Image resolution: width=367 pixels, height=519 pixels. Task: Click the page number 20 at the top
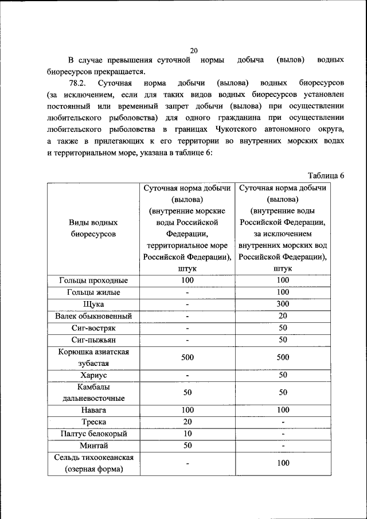[x=194, y=50]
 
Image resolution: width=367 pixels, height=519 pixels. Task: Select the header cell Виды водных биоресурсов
[x=93, y=228]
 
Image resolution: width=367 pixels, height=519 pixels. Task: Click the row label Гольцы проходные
[x=93, y=281]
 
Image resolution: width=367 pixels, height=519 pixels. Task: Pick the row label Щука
[x=93, y=305]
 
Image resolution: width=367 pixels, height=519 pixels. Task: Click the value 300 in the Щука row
[x=283, y=305]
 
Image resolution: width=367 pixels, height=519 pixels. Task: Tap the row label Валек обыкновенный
[x=93, y=316]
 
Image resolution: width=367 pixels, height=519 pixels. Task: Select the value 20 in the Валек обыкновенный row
[x=283, y=316]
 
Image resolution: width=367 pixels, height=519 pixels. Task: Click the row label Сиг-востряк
[x=93, y=328]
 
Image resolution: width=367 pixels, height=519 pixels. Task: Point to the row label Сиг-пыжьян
[x=93, y=340]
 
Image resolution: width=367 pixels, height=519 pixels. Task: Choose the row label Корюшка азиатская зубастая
[x=93, y=357]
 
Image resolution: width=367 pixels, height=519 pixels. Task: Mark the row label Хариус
[x=93, y=375]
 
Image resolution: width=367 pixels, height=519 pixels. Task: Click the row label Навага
[x=93, y=411]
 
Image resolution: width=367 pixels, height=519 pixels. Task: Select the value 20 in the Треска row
[x=187, y=422]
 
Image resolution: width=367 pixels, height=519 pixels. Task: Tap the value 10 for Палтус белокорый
[x=187, y=434]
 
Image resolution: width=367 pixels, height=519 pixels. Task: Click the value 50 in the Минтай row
[x=187, y=446]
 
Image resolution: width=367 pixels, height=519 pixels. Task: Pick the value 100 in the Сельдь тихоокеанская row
[x=283, y=463]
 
